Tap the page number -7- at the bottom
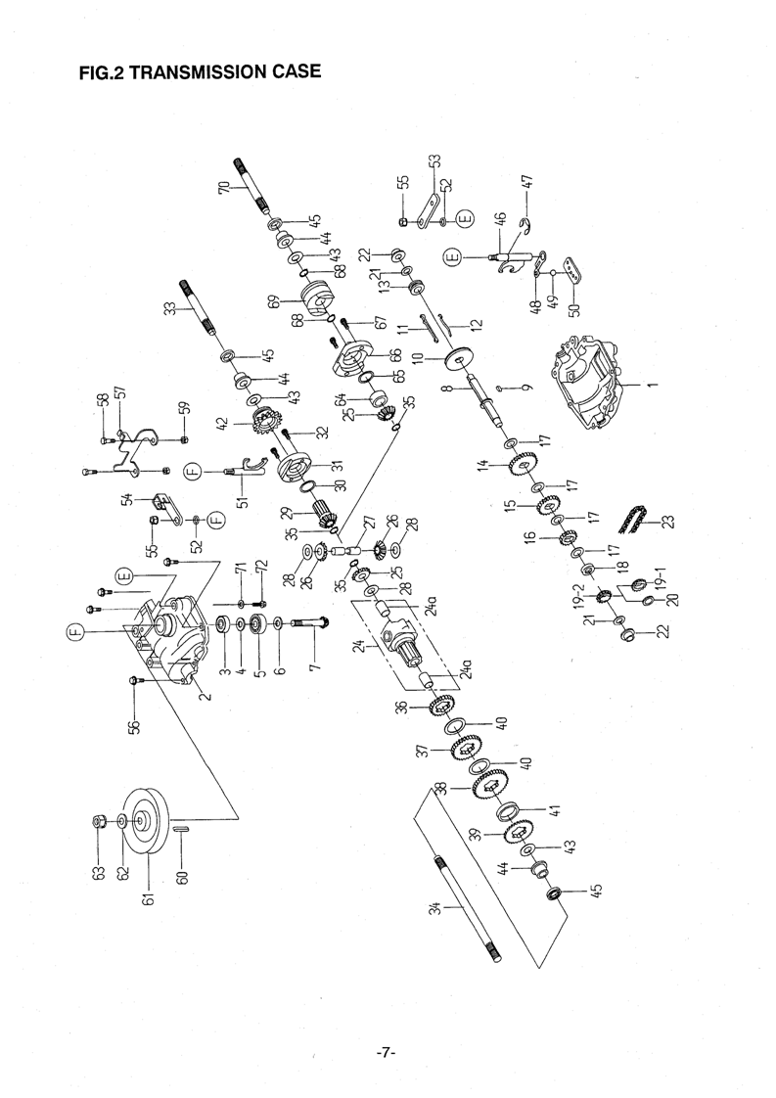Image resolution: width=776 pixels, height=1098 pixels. (x=386, y=1052)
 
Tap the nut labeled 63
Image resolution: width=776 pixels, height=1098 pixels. (x=99, y=821)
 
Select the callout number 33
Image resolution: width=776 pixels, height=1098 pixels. (x=169, y=309)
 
